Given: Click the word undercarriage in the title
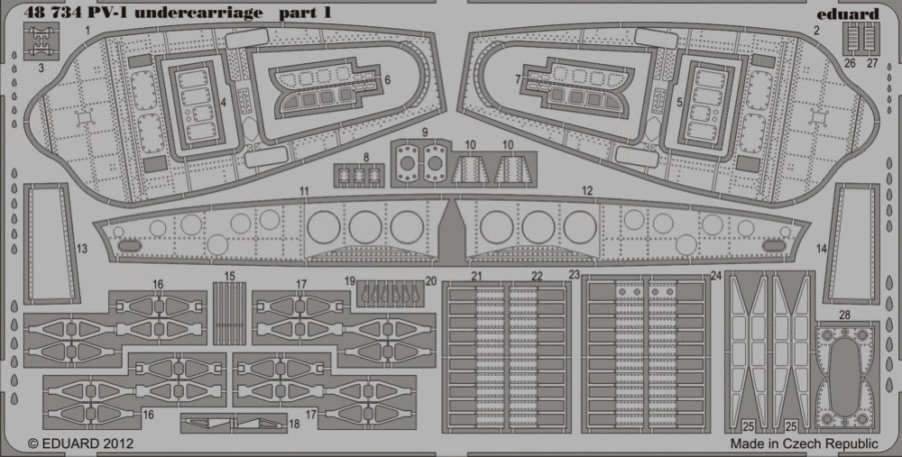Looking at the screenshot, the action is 207,13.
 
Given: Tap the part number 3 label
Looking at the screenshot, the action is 41,68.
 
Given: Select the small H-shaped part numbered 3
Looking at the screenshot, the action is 41,42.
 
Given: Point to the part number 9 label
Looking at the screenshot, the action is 425,133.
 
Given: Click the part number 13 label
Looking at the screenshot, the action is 82,249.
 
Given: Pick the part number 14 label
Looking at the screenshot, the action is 822,249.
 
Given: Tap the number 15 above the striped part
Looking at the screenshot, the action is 229,277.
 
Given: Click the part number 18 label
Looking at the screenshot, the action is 295,425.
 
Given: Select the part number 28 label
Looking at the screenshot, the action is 844,315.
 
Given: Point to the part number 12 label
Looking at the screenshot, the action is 587,191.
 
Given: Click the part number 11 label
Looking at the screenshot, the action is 304,191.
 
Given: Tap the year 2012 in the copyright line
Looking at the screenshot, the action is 120,443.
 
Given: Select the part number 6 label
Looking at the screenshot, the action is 387,80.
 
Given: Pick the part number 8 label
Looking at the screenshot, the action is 366,157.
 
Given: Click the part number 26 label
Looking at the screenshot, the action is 851,63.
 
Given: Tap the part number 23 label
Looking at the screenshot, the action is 574,275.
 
